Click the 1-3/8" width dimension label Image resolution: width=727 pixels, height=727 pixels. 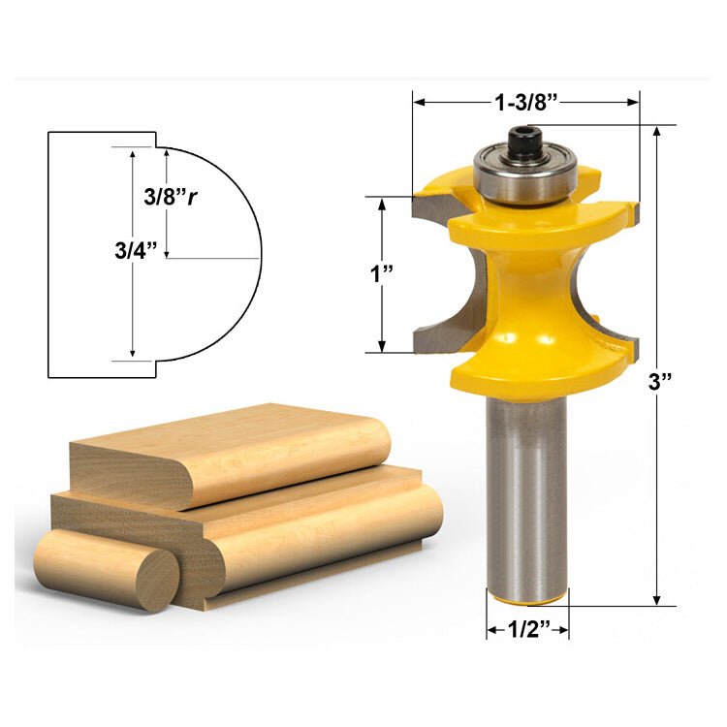[526, 102]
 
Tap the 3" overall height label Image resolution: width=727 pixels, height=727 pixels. [660, 382]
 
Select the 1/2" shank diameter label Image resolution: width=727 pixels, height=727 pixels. [528, 629]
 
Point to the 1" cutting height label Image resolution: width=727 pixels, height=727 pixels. [382, 273]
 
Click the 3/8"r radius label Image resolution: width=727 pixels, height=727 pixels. [171, 197]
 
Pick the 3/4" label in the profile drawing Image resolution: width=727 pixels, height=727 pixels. [137, 250]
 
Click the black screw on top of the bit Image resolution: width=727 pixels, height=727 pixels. [525, 142]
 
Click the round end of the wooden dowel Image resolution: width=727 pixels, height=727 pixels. [157, 580]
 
